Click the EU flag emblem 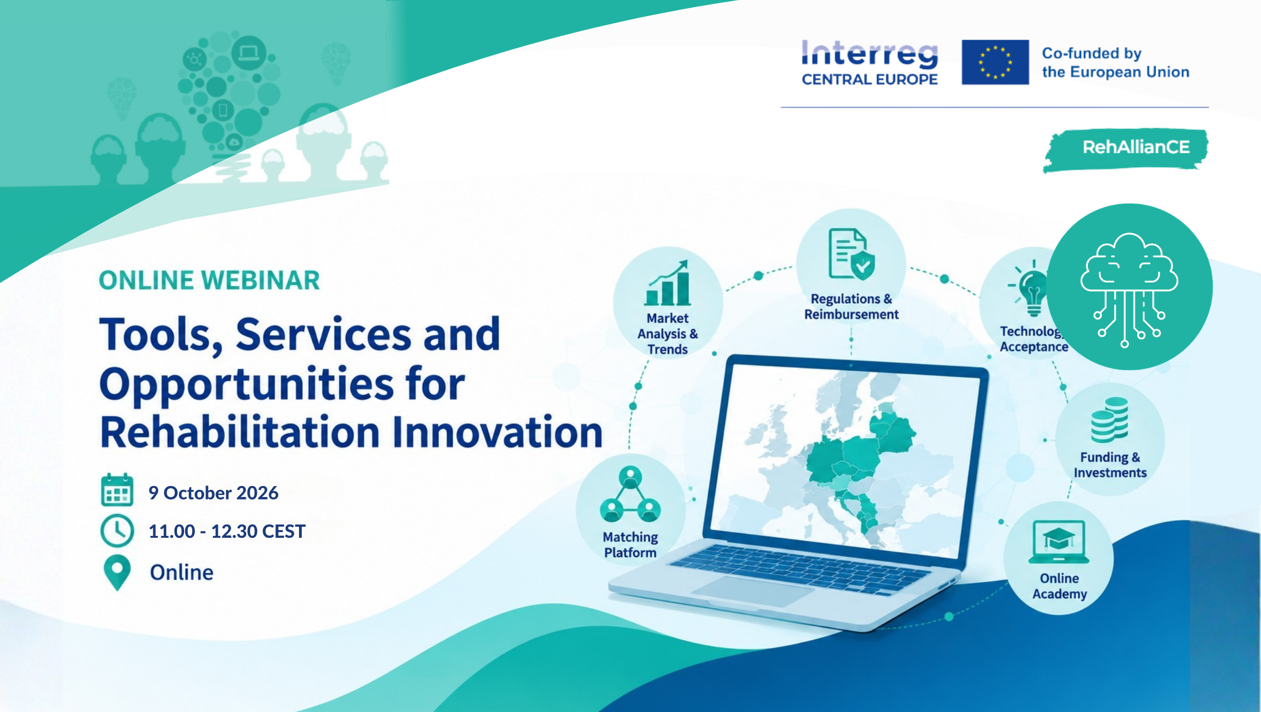point(995,62)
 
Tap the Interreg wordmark point(870,55)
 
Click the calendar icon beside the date point(117,490)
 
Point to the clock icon point(117,531)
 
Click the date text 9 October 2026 point(214,493)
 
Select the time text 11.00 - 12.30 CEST point(227,531)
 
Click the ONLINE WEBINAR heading point(209,281)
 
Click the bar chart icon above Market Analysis point(668,283)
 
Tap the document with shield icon point(852,254)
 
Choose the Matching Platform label point(630,544)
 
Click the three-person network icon point(630,494)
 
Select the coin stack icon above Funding point(1110,420)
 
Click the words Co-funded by point(1092,53)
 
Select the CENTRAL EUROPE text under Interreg point(870,79)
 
